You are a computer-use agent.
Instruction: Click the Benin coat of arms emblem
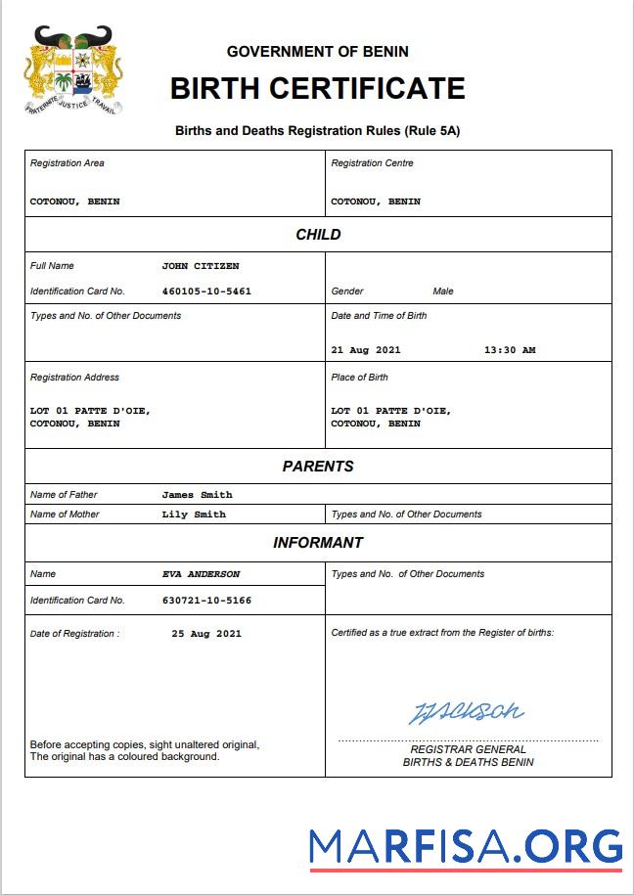(x=73, y=70)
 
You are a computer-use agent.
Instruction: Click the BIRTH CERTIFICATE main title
(x=317, y=89)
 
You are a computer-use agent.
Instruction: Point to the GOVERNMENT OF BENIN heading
(x=317, y=51)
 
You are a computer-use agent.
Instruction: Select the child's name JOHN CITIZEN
(x=201, y=266)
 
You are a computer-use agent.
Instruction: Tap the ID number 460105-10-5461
(x=206, y=291)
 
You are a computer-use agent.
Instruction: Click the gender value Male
(x=443, y=291)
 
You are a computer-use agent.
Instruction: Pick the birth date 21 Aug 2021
(x=366, y=350)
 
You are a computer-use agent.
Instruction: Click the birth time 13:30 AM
(x=510, y=350)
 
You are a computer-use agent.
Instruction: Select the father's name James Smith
(x=198, y=495)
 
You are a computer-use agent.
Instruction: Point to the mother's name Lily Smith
(x=194, y=515)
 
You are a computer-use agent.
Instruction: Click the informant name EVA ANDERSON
(x=201, y=574)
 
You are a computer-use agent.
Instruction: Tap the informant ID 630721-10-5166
(x=206, y=601)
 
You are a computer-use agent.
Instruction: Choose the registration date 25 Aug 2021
(x=206, y=634)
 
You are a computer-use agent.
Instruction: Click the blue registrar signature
(x=466, y=711)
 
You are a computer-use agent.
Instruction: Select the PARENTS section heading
(x=318, y=467)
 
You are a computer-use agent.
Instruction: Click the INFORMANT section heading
(x=318, y=543)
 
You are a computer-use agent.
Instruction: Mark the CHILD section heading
(x=318, y=235)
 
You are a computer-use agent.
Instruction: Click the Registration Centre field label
(x=372, y=163)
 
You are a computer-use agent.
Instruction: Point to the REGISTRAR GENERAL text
(x=468, y=749)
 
